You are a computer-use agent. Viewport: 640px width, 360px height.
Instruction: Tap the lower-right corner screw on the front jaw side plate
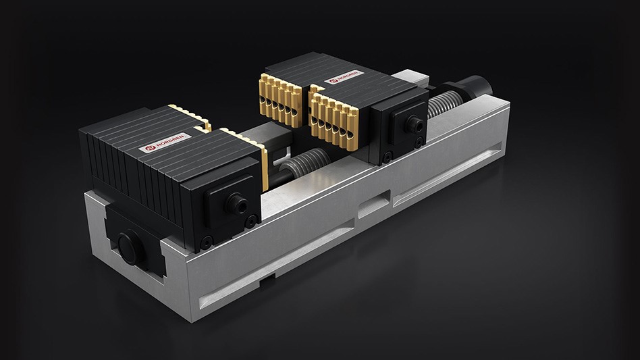click(251, 220)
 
